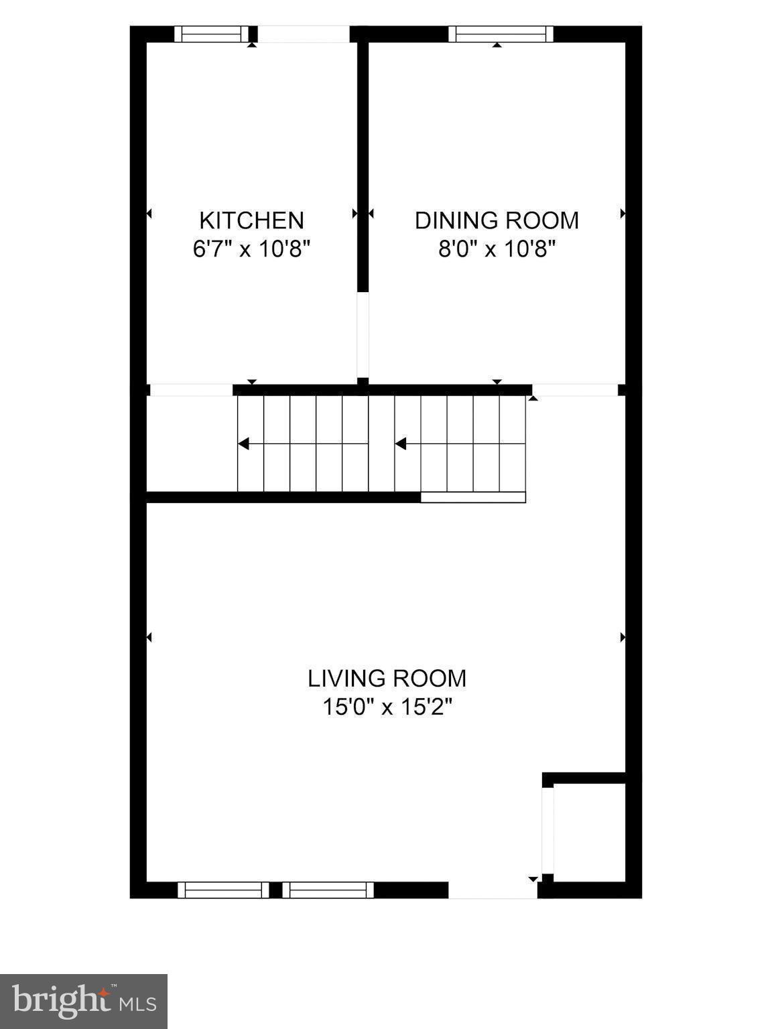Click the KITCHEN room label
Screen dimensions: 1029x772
click(251, 220)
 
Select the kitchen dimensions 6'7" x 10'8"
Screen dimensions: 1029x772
click(251, 249)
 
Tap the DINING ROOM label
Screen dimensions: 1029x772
click(497, 220)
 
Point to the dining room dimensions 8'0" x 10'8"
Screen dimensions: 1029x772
click(497, 249)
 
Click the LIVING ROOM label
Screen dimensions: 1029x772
click(387, 678)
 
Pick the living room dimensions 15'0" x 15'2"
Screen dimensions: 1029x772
click(387, 707)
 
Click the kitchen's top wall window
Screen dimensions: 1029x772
click(211, 34)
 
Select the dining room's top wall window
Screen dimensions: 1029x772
click(501, 34)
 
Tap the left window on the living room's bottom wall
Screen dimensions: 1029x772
click(222, 890)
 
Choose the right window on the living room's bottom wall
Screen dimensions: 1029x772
click(328, 890)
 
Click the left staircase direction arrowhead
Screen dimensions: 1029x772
click(244, 443)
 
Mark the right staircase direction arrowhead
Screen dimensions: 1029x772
click(401, 443)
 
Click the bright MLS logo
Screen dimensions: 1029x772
click(83, 1002)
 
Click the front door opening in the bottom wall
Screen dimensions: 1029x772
click(493, 890)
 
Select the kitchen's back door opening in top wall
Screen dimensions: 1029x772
click(304, 34)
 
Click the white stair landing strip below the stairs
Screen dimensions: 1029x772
click(473, 497)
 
